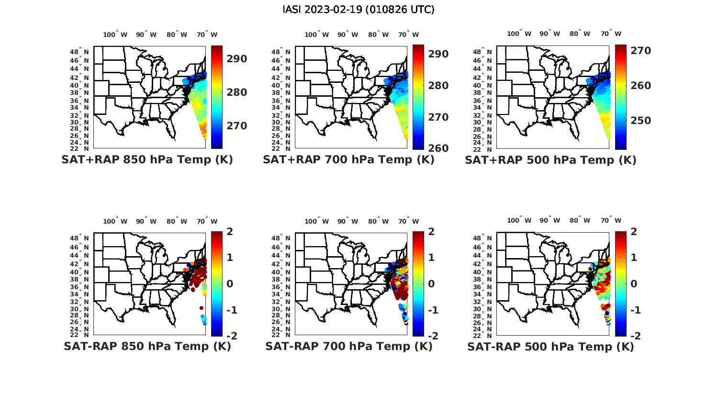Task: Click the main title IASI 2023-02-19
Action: point(359,10)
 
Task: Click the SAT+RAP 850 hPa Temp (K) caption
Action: point(147,160)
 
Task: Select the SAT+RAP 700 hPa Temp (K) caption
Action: point(348,160)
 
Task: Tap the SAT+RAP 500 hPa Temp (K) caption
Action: point(550,160)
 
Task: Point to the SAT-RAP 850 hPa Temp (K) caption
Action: point(147,346)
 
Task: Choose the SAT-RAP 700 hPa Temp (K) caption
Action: point(348,346)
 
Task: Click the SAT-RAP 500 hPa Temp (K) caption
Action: point(550,346)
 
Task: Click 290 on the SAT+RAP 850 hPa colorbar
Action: point(236,59)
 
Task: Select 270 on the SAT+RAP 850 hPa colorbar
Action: point(236,126)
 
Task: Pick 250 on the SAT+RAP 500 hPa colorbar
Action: point(640,121)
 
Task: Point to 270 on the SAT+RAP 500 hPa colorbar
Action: point(640,51)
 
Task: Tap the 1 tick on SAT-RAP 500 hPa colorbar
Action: point(634,258)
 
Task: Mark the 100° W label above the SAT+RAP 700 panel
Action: point(316,34)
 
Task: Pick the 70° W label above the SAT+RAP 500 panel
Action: point(611,34)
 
